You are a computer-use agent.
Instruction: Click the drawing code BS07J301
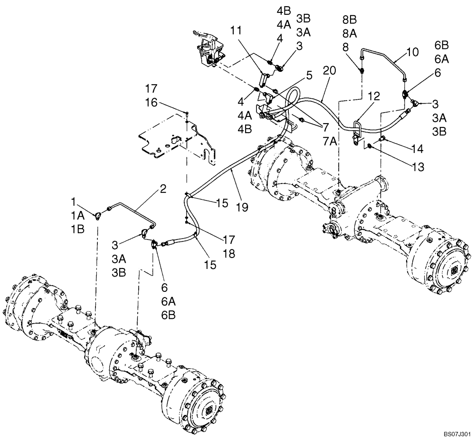(x=457, y=434)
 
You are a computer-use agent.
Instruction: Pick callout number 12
(x=373, y=97)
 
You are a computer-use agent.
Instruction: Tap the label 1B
(x=78, y=229)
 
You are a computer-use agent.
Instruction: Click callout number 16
(x=151, y=103)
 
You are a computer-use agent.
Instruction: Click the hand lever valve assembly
(x=207, y=50)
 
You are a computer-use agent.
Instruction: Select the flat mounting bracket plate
(x=176, y=140)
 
